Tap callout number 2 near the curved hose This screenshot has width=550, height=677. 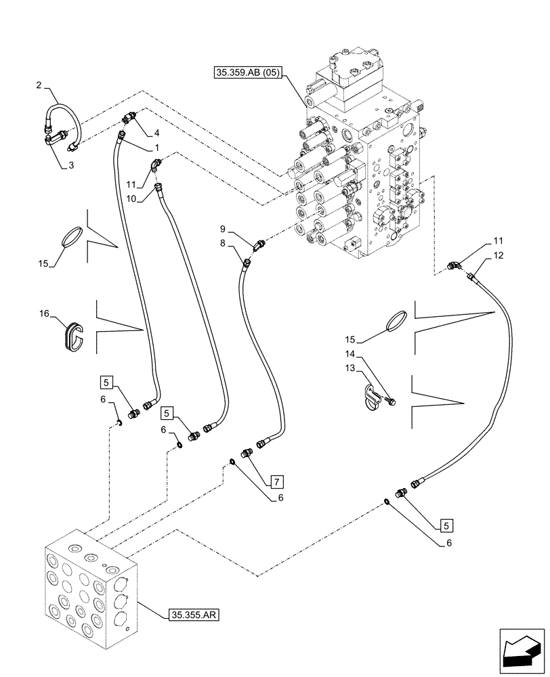tap(39, 85)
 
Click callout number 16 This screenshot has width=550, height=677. tap(45, 315)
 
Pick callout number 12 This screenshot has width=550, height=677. tap(499, 255)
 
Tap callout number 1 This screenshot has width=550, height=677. tap(156, 147)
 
